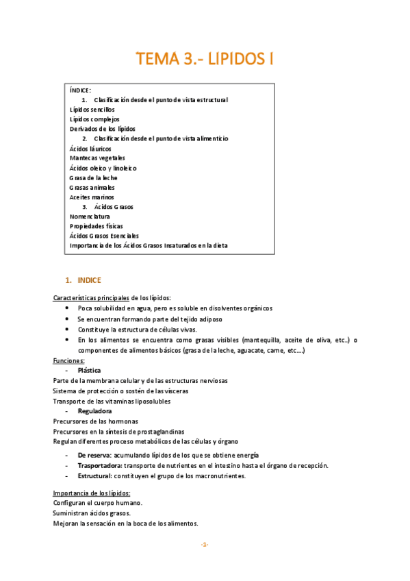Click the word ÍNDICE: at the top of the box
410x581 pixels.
[x=80, y=90]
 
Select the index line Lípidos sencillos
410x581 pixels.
[x=92, y=110]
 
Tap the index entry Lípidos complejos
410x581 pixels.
[x=94, y=119]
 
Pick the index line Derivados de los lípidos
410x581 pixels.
[x=103, y=129]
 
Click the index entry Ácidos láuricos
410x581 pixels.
[x=90, y=149]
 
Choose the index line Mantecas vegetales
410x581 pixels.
[x=97, y=158]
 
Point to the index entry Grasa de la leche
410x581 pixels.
[x=94, y=177]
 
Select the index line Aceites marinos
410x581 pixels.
[x=92, y=197]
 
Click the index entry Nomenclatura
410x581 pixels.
[x=90, y=217]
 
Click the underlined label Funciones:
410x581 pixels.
[x=69, y=360]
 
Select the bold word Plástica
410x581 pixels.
[x=90, y=370]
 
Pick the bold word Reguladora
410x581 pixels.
[x=94, y=411]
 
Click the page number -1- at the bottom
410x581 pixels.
[x=204, y=545]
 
